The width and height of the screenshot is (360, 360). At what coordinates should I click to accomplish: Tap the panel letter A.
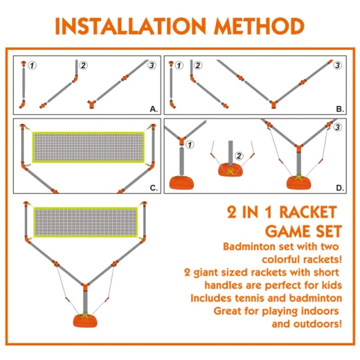tap(154, 109)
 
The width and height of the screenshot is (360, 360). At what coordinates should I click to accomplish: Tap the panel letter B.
tap(340, 109)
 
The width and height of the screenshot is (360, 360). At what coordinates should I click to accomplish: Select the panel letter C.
tap(154, 188)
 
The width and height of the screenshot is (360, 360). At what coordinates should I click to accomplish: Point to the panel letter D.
tap(340, 188)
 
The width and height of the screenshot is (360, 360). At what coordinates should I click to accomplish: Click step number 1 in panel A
tap(32, 66)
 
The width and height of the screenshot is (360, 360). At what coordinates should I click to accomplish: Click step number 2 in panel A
tap(83, 65)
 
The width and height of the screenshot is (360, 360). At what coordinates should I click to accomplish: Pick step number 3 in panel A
tap(152, 65)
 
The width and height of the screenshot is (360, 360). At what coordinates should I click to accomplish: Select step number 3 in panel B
tap(337, 65)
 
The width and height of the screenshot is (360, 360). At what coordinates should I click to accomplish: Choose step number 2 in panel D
tap(239, 156)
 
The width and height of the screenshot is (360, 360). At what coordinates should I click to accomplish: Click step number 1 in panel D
tap(190, 145)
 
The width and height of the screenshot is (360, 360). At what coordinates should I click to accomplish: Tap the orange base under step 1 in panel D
tap(181, 183)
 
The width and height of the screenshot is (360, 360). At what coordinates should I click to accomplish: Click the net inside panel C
tap(88, 147)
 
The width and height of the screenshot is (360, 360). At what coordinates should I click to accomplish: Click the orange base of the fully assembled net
tap(85, 321)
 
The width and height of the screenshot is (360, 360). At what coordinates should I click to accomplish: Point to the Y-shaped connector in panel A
tap(91, 104)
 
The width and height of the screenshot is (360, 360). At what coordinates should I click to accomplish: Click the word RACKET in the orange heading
tap(309, 213)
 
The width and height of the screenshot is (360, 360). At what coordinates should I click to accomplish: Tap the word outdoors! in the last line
tap(318, 324)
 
